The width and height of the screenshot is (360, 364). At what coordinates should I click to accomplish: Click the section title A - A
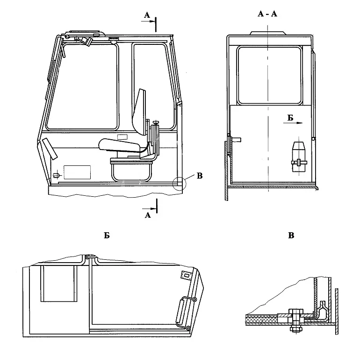pos(267,14)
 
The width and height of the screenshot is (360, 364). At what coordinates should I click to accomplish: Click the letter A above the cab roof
pos(147,15)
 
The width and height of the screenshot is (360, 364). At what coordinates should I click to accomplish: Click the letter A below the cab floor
pos(148,215)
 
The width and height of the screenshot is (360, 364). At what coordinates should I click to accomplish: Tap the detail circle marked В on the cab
pos(180,184)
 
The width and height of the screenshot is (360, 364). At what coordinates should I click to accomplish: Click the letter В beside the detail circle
pos(200,176)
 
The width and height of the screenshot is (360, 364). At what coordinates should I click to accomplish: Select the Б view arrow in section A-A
pos(293,123)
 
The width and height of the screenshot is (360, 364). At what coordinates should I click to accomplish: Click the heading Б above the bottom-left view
pos(107,236)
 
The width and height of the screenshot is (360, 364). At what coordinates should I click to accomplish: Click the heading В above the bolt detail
pos(291,236)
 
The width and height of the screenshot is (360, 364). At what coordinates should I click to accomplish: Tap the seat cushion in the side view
pos(119,145)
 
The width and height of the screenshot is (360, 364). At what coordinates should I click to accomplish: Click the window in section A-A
pos(269,75)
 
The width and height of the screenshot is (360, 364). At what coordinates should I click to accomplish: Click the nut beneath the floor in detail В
pos(295,329)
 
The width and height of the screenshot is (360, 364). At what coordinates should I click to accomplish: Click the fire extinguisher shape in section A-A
pos(299,157)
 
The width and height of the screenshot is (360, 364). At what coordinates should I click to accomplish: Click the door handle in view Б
pos(186,313)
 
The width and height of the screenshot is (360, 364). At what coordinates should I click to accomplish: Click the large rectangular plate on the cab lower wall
pos(77,172)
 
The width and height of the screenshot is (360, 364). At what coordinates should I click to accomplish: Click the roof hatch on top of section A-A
pos(267,33)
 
